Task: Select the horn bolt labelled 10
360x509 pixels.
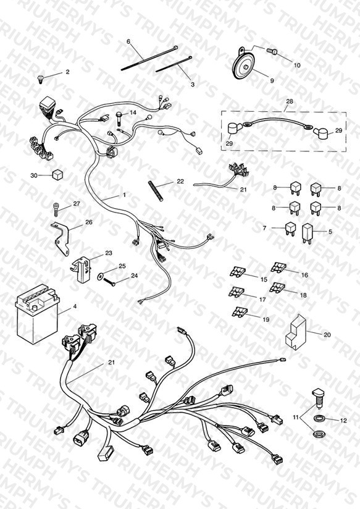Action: tap(270, 51)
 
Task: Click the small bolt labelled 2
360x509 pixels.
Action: tap(41, 78)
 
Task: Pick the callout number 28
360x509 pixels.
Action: tap(289, 101)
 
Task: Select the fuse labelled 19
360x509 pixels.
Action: tap(240, 313)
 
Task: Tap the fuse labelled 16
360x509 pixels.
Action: tap(278, 267)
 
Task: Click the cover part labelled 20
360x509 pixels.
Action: tap(296, 333)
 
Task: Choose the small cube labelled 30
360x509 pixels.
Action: tap(57, 175)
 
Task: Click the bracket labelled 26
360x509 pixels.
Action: tap(61, 238)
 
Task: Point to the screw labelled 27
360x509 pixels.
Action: tap(56, 209)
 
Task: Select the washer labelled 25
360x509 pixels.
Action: tap(101, 276)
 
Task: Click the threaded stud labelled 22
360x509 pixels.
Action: tap(156, 191)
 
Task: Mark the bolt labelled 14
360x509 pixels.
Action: tap(119, 119)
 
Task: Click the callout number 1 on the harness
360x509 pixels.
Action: tap(124, 195)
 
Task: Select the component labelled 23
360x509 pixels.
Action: tap(80, 269)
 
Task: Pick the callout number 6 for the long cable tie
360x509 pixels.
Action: tap(128, 41)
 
